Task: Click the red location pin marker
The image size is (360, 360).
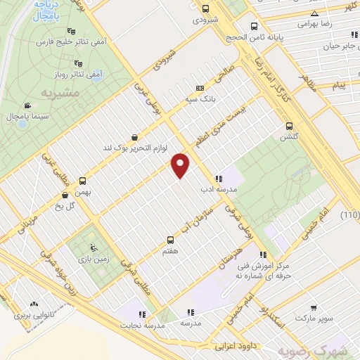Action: point(181,165)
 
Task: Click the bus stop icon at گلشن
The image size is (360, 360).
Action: point(288,127)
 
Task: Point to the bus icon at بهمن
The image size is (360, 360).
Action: point(83,180)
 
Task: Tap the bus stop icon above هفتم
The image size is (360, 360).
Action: point(169,240)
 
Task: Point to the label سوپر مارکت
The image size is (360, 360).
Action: point(311,318)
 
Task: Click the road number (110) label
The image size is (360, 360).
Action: point(349,214)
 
